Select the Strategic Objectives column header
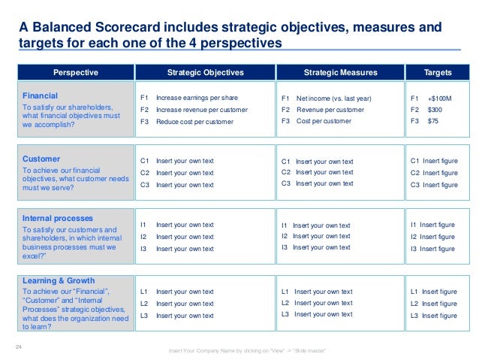205,73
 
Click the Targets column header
438,73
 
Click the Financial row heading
40,96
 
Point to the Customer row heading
41,159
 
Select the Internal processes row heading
59,219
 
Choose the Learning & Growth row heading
59,280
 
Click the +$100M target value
441,98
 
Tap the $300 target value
435,110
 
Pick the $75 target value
433,121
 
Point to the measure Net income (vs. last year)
333,98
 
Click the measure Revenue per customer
330,110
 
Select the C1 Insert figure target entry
434,160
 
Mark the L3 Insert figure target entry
433,316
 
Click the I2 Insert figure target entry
432,237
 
